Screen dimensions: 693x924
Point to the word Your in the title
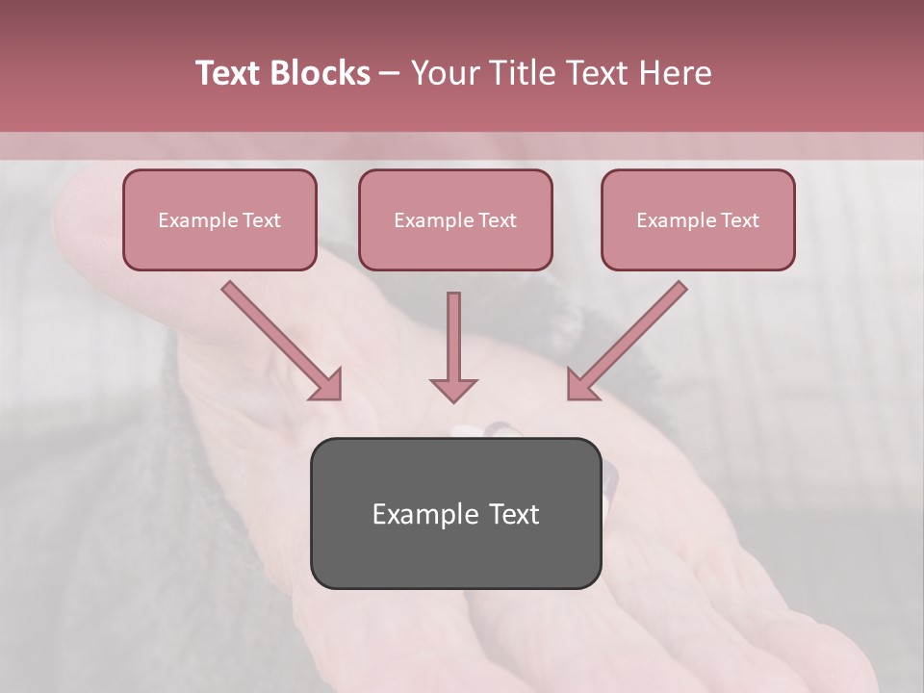[446, 73]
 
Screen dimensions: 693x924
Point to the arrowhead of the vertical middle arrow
[453, 389]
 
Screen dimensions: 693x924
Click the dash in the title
[390, 74]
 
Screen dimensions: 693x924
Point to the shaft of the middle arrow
[453, 332]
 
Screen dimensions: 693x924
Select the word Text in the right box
[740, 220]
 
